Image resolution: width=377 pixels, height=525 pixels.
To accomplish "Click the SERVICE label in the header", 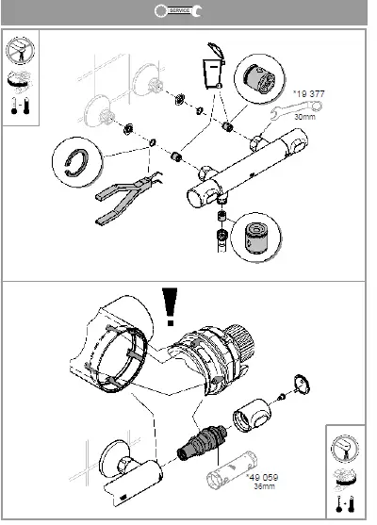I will (x=179, y=10).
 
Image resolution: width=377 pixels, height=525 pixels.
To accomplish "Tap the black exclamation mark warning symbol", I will (x=171, y=305).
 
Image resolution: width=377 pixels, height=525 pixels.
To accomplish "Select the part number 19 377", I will (x=307, y=94).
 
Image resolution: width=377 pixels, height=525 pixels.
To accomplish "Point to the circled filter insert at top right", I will (x=255, y=75).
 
